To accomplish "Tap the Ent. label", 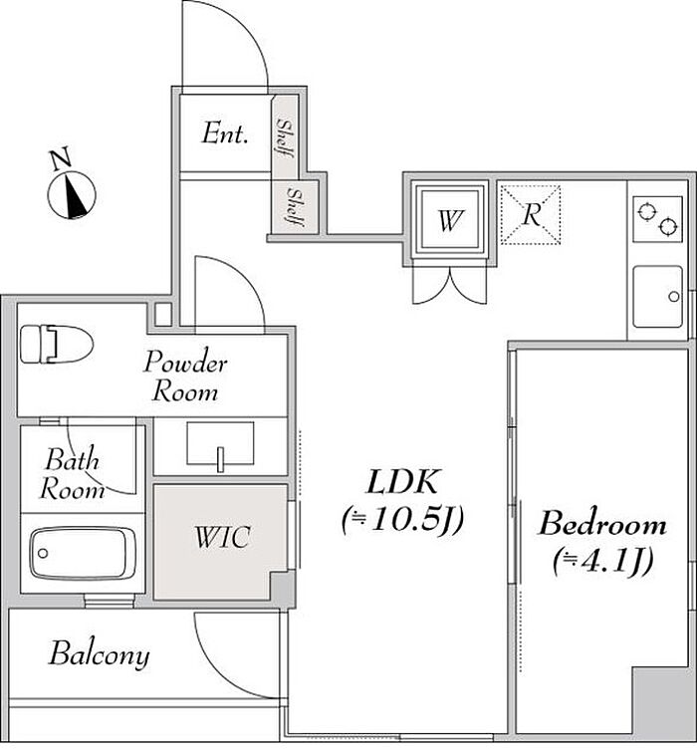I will point(224,133).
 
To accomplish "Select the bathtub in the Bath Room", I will point(82,551).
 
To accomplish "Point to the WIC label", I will point(221,539).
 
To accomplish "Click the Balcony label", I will point(100,654).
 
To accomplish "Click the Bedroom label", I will point(601,523).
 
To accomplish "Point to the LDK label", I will point(402,483).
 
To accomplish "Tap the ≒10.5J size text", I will point(402,519).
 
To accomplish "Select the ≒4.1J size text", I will point(601,562).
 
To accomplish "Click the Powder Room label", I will point(185,376).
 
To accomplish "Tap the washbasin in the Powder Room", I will point(220,443).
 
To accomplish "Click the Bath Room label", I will point(73,475).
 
